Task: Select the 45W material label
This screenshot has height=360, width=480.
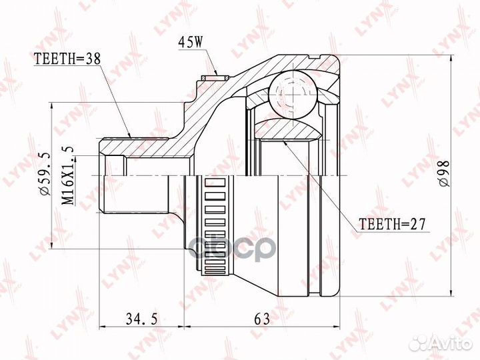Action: pyautogui.click(x=189, y=44)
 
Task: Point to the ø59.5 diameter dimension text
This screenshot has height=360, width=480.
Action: pyautogui.click(x=45, y=175)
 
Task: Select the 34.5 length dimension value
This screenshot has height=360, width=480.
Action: pyautogui.click(x=139, y=319)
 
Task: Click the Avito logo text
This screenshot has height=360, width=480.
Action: pyautogui.click(x=451, y=343)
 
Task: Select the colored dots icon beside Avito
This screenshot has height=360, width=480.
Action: pyautogui.click(x=420, y=343)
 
